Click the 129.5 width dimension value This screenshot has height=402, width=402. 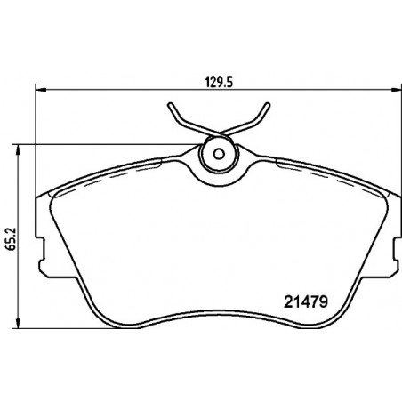tap(219, 83)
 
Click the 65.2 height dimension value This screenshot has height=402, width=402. tap(12, 239)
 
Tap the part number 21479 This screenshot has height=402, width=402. tap(306, 302)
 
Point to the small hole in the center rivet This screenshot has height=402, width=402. tap(219, 154)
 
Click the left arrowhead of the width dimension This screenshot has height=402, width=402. tap(41, 89)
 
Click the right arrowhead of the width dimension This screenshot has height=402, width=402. tap(397, 89)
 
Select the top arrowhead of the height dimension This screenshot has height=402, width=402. tap(19, 150)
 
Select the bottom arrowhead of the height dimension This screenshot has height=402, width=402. tap(19, 323)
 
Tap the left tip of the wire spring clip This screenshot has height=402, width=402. tap(170, 104)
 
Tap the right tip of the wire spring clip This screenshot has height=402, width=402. tap(268, 104)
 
